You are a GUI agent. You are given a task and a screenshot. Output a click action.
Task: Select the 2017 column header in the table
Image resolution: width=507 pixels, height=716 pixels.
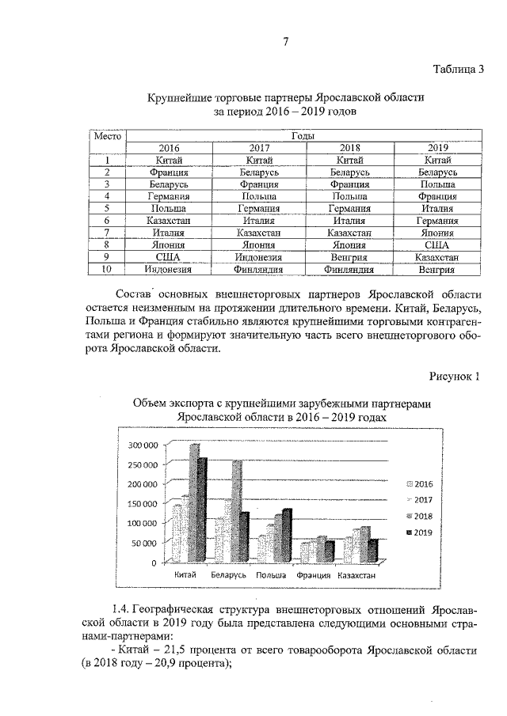[x=261, y=147]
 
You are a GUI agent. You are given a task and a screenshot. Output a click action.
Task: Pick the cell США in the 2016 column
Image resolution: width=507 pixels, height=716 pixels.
[x=170, y=257]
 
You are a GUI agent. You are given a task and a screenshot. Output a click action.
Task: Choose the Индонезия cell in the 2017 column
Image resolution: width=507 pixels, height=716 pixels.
[x=261, y=257]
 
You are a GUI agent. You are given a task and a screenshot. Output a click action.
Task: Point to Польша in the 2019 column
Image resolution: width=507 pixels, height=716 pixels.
[x=438, y=184]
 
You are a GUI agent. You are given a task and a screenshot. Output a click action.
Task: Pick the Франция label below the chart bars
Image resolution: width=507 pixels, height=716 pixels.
[x=313, y=575]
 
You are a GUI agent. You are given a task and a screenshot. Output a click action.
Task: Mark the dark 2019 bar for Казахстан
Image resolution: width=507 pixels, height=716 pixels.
[x=373, y=549]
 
